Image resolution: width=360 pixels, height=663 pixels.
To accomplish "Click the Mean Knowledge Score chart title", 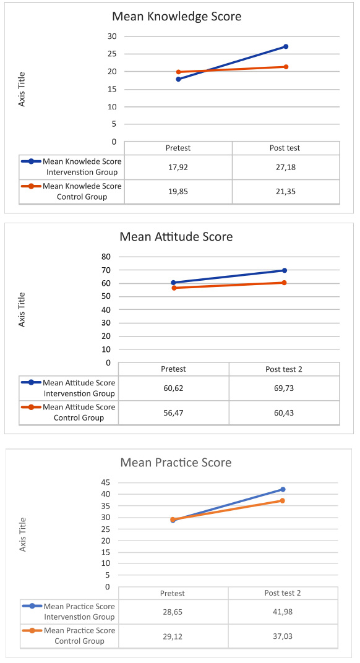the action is pyautogui.click(x=176, y=17).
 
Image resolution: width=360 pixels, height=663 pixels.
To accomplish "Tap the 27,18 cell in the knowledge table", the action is pyautogui.click(x=286, y=167).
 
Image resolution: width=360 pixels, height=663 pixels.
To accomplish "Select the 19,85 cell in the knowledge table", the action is pyautogui.click(x=178, y=192).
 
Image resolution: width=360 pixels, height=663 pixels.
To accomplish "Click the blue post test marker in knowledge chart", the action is pyautogui.click(x=286, y=46).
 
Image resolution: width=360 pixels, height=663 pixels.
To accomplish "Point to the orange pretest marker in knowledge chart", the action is pyautogui.click(x=179, y=72).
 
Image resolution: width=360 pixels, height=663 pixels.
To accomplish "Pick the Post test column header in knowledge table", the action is pyautogui.click(x=285, y=148).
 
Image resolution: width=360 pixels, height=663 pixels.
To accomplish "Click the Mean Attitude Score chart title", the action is pyautogui.click(x=176, y=236).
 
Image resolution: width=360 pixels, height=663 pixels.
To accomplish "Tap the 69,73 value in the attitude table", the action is pyautogui.click(x=284, y=388).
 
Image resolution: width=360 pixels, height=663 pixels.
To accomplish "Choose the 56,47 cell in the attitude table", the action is pyautogui.click(x=174, y=413).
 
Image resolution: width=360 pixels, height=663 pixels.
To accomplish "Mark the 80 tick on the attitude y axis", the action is pyautogui.click(x=106, y=257).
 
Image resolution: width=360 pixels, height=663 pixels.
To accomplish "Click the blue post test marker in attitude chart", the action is pyautogui.click(x=285, y=270).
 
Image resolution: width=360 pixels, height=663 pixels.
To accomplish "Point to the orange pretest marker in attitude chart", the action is pyautogui.click(x=174, y=288).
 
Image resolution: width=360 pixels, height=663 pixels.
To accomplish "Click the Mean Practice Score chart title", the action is pyautogui.click(x=176, y=462).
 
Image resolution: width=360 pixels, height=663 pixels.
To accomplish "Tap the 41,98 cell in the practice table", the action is pyautogui.click(x=283, y=612).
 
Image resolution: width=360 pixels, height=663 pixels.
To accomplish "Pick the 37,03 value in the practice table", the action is pyautogui.click(x=283, y=636).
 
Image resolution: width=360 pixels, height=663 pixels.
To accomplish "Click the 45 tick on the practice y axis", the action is pyautogui.click(x=105, y=482).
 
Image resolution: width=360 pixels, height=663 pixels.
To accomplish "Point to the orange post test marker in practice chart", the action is pyautogui.click(x=282, y=500).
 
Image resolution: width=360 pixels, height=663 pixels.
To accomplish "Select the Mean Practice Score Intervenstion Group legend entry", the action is pyautogui.click(x=69, y=612).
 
